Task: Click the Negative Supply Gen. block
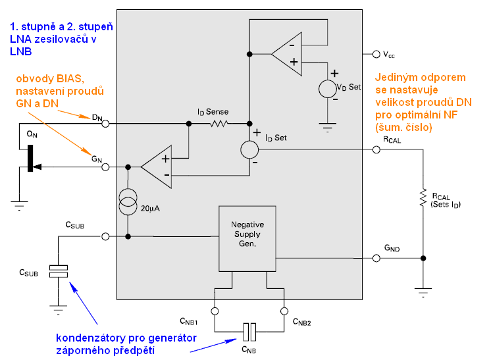[247, 238]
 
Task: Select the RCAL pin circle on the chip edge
[376, 150]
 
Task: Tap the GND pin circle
[376, 257]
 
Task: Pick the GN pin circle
[106, 168]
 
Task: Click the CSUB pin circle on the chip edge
[106, 236]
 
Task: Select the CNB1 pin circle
[215, 311]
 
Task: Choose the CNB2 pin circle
[284, 311]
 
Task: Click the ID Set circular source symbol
[249, 149]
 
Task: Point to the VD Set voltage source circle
[327, 89]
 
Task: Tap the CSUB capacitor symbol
[59, 271]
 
